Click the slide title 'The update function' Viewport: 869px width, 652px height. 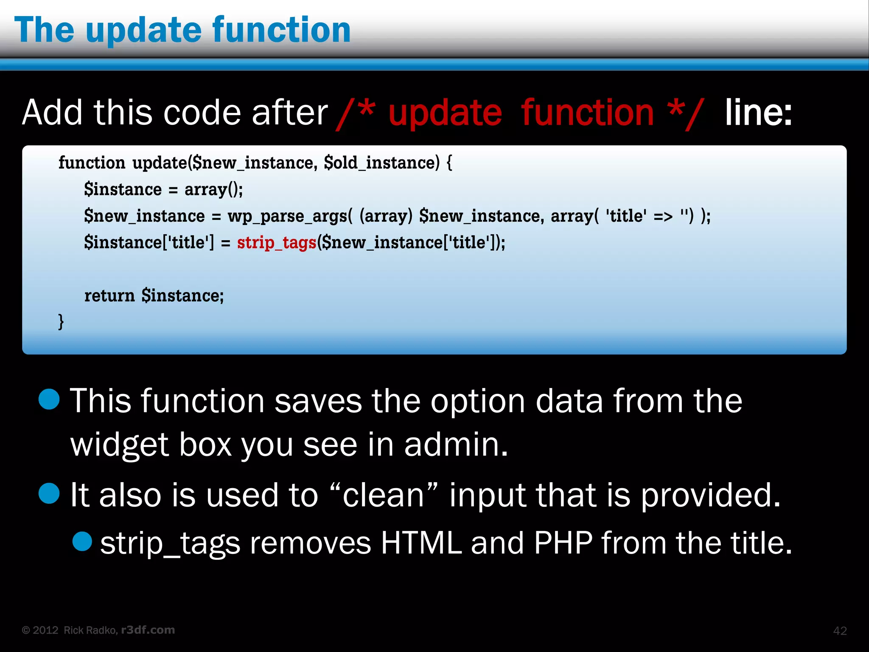(182, 30)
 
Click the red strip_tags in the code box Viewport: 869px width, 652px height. (276, 243)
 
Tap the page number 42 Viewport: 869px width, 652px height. (840, 631)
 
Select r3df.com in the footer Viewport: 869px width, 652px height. (148, 630)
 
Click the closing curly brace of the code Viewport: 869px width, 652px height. (61, 321)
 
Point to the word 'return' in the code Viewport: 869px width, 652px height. (109, 295)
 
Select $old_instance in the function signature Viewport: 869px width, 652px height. (381, 163)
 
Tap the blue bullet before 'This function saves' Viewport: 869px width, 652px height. (49, 399)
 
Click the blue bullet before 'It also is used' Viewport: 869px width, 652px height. (49, 494)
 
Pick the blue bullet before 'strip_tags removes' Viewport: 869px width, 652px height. (82, 542)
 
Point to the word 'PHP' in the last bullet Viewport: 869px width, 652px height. (563, 543)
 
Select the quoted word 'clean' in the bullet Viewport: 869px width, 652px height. (383, 495)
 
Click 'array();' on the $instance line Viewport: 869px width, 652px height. (213, 190)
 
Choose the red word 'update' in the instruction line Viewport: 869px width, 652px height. (445, 113)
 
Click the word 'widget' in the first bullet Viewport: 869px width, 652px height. (120, 445)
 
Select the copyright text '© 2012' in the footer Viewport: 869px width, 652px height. (40, 630)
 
